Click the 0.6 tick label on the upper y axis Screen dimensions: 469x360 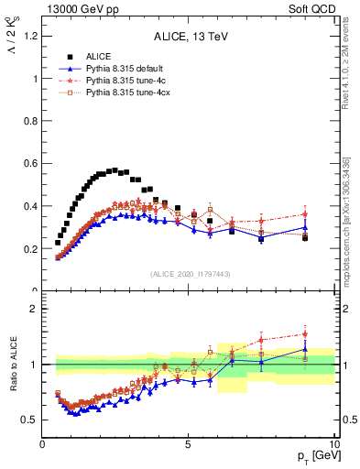point(29,164)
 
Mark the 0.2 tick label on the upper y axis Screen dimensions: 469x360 point(29,248)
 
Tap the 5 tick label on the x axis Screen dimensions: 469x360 point(188,443)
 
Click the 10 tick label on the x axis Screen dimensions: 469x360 point(333,443)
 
